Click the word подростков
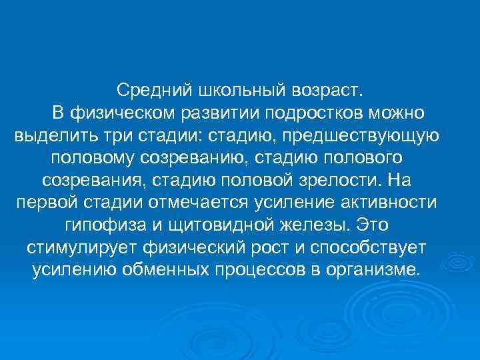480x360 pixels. point(315,113)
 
